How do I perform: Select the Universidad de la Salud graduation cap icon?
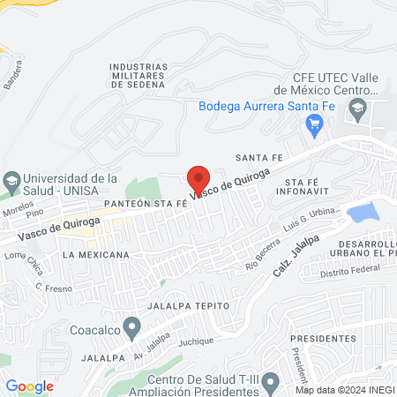click(11, 183)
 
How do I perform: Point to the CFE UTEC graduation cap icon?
click(357, 109)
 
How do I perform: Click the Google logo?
click(29, 386)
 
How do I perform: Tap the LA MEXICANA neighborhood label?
click(96, 254)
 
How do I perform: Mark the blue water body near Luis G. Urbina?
click(363, 213)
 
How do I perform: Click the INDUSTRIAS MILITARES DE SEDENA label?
click(139, 75)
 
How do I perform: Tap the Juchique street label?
click(197, 340)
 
